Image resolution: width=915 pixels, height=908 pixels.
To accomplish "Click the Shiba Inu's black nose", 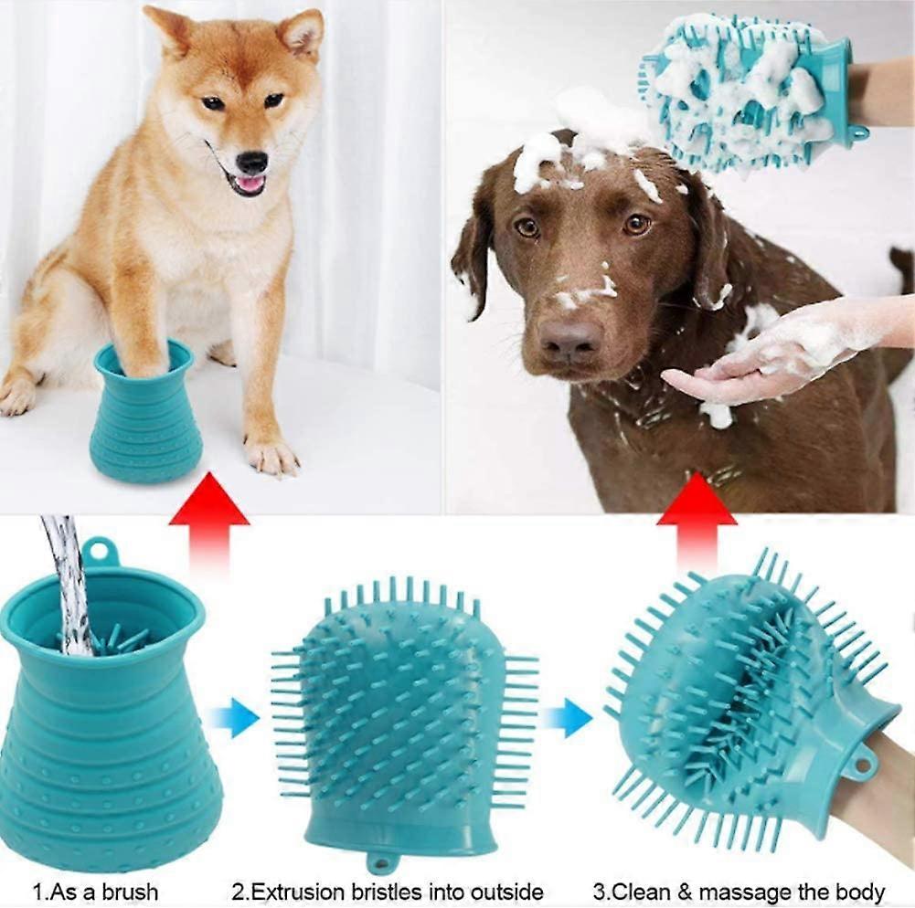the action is point(252,162).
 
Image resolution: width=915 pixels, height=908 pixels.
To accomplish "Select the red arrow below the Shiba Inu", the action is point(208,514).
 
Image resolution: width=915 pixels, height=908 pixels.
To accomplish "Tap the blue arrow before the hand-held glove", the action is point(567,717).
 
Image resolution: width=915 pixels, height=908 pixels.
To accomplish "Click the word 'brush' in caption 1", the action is point(129,891).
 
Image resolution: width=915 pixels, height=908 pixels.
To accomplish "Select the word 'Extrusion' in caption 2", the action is point(298,892).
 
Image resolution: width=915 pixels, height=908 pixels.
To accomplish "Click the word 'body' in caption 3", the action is point(860,892).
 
